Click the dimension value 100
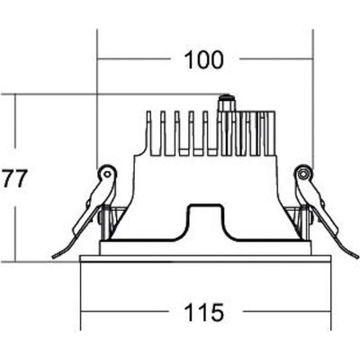[203, 59]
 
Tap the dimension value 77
[14, 178]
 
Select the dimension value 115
[203, 312]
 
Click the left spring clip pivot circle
[106, 174]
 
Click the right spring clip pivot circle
[303, 174]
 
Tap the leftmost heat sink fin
[148, 133]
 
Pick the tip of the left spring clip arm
[53, 257]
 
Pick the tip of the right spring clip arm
[357, 256]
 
